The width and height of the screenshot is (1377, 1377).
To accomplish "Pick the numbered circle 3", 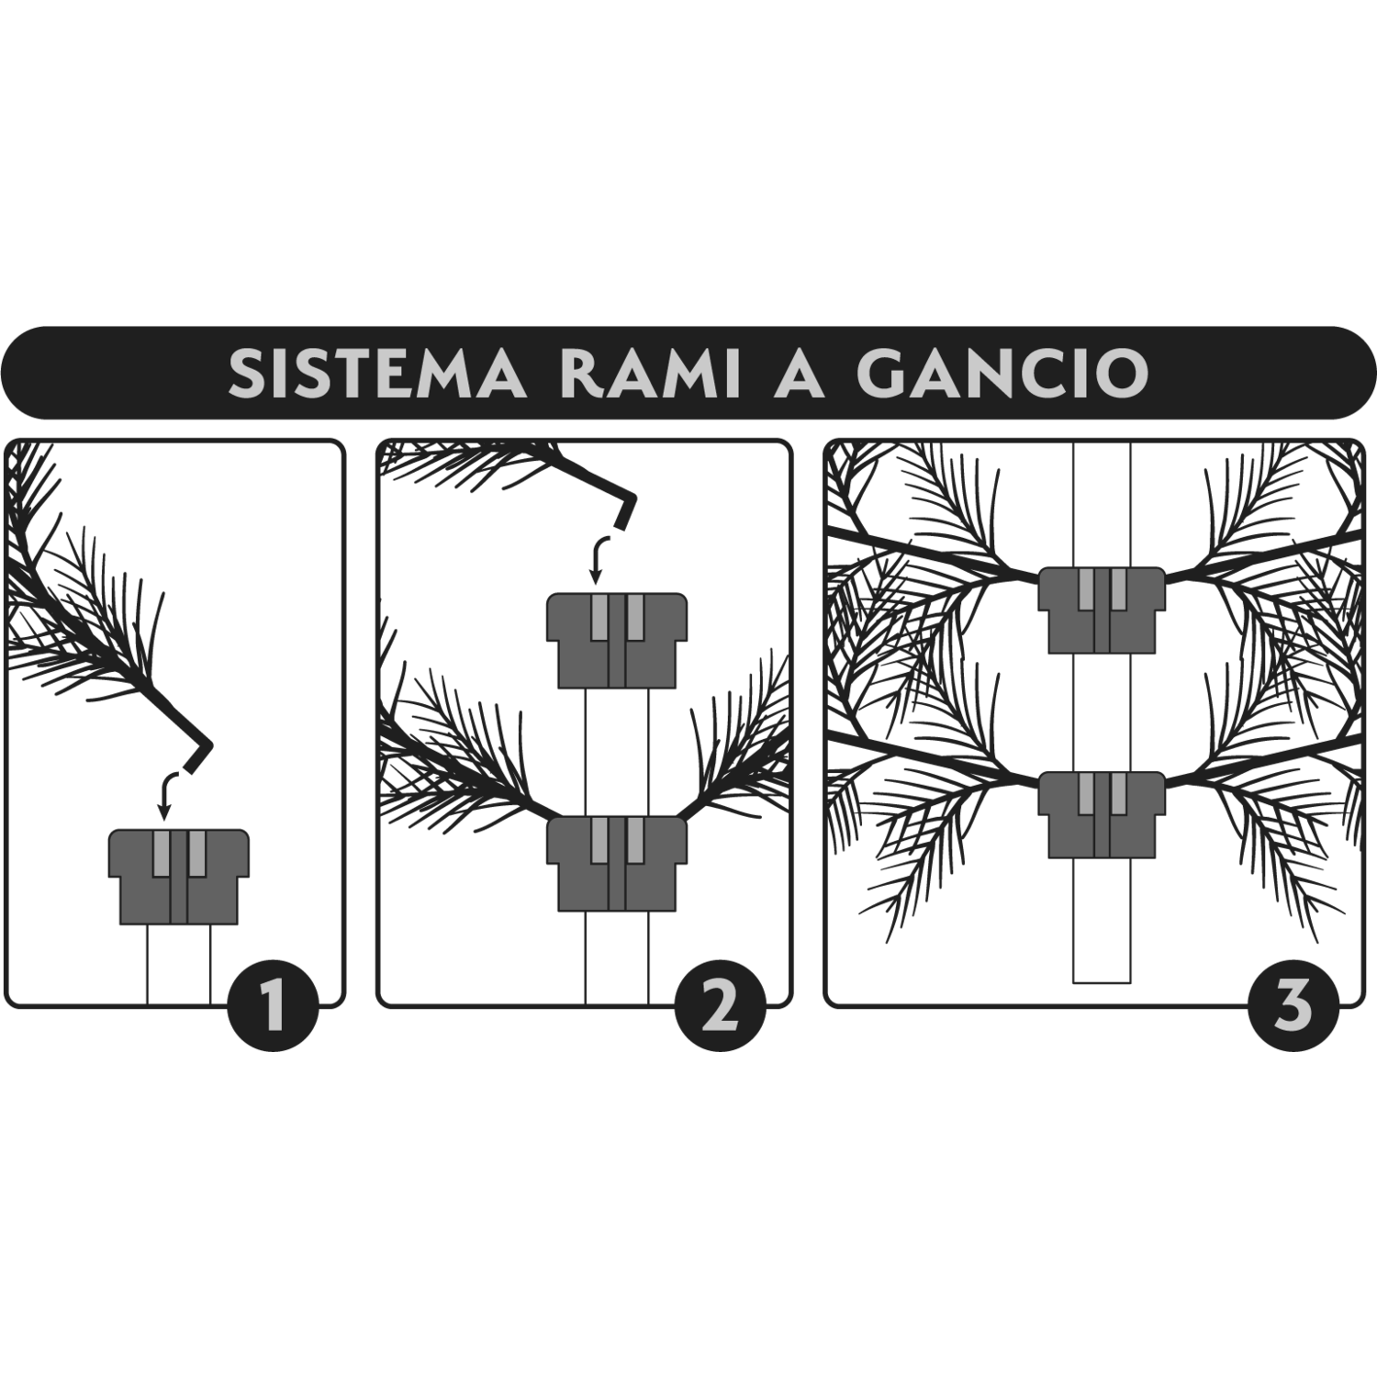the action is [x=1293, y=1003].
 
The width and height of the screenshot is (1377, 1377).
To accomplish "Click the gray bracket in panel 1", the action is [x=179, y=877].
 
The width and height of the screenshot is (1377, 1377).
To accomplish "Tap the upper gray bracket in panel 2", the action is [x=617, y=641].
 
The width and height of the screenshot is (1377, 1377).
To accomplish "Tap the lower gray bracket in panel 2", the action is [x=617, y=864].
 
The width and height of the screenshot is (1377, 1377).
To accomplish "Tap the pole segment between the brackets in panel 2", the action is [x=617, y=753].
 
